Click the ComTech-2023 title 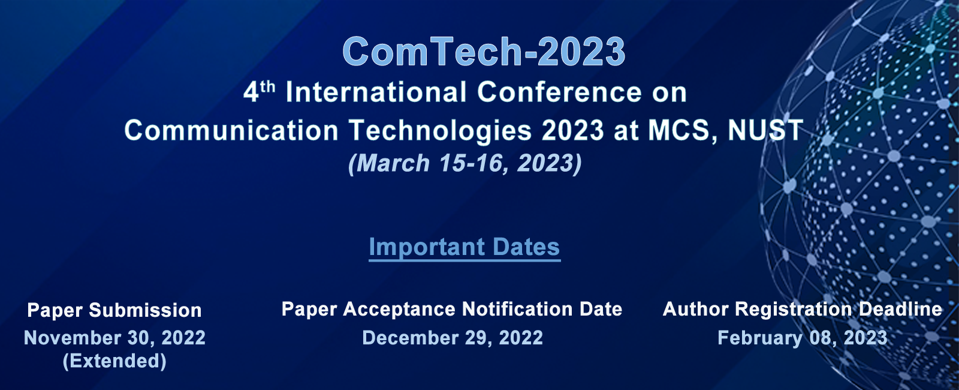[484, 52]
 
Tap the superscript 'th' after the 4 [267, 88]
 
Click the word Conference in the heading [559, 92]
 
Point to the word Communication [231, 130]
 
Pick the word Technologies [440, 131]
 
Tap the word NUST [765, 130]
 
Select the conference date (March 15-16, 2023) [465, 163]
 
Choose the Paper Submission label [114, 310]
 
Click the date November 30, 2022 [114, 338]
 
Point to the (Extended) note [114, 361]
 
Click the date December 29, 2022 [453, 338]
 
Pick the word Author [696, 309]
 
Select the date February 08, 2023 [803, 338]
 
